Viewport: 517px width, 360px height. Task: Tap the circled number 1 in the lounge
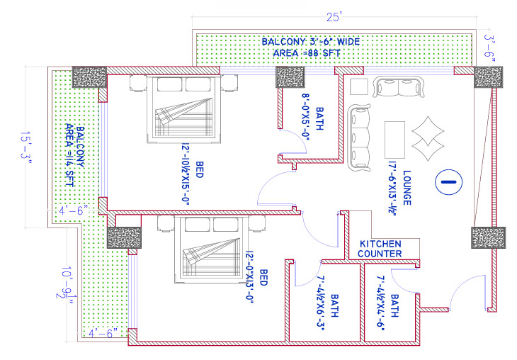tap(448, 182)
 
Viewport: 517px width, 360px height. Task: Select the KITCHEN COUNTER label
tap(380, 248)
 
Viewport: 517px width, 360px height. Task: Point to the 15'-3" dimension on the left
tap(28, 148)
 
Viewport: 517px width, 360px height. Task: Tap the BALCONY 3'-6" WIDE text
tap(310, 42)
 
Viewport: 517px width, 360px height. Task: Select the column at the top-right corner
tap(488, 77)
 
